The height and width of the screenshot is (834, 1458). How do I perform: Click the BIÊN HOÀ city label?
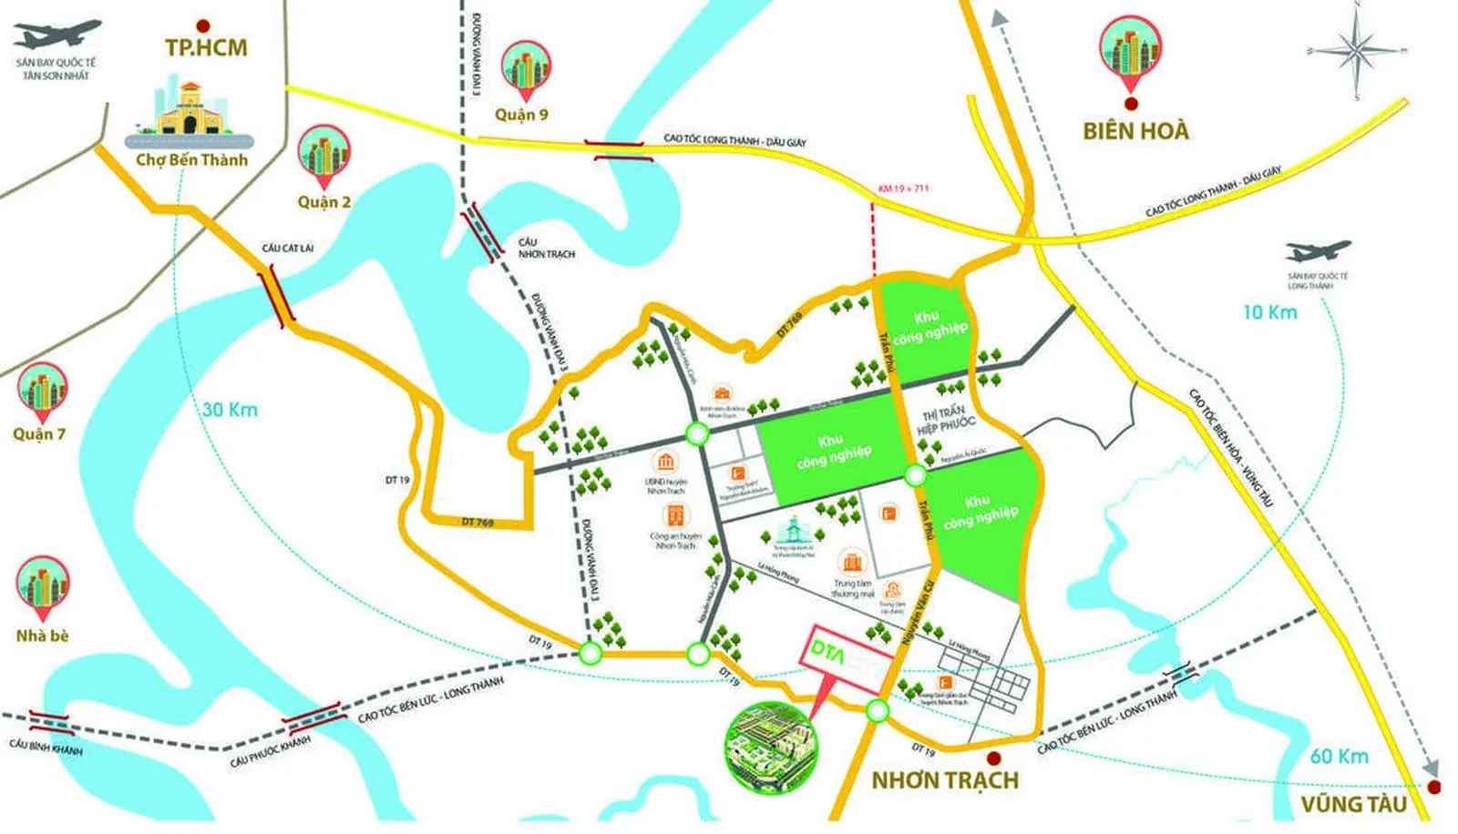[1135, 131]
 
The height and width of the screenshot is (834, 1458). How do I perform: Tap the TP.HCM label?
[206, 47]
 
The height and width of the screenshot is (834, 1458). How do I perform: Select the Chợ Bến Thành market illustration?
[190, 113]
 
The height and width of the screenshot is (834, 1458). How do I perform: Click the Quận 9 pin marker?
[525, 69]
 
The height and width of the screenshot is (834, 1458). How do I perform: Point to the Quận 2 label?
[323, 202]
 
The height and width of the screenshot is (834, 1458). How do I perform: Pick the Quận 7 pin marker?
[42, 392]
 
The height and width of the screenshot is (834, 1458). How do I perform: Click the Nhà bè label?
[42, 636]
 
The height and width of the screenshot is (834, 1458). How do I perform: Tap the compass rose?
[1357, 51]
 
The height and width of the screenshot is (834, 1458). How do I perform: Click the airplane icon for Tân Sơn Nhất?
[56, 35]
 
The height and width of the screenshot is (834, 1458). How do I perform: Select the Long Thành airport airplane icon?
[1318, 251]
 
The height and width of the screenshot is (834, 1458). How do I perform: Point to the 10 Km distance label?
[1269, 312]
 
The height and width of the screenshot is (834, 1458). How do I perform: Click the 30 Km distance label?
[230, 410]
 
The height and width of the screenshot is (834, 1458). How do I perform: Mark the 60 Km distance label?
[1339, 757]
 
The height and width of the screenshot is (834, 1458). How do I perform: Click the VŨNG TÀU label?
[1353, 804]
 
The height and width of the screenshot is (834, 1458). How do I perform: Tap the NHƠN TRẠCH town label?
[945, 780]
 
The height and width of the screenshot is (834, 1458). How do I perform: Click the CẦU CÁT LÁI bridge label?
[288, 248]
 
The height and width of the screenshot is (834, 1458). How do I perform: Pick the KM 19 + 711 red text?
[903, 188]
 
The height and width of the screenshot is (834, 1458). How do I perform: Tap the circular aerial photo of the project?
[771, 748]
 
